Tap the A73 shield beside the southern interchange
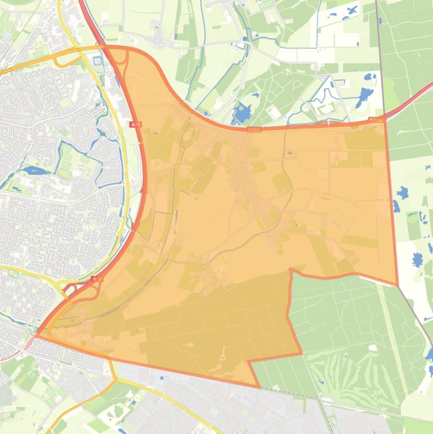point(97,279)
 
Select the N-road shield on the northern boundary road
point(255,129)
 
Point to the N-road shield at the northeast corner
point(376,119)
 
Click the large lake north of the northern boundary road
point(243,113)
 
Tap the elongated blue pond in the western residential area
point(35,170)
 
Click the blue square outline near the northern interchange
point(98,61)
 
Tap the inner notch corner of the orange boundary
point(291,271)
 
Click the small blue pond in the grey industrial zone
point(163,378)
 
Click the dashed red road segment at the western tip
point(17,351)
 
